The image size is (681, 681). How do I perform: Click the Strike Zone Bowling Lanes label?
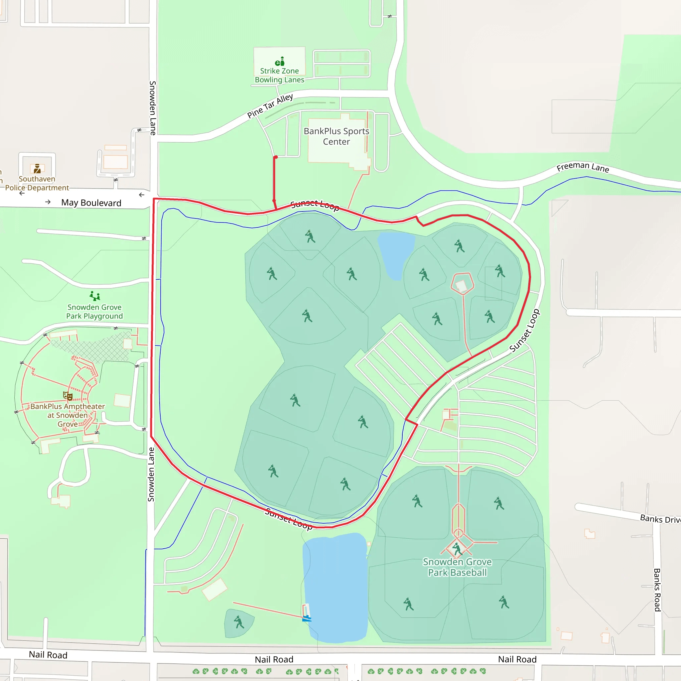(x=279, y=75)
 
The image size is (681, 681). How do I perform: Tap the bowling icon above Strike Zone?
(x=280, y=61)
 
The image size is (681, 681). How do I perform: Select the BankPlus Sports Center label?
(x=336, y=136)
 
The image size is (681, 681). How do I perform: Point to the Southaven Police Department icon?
(x=37, y=169)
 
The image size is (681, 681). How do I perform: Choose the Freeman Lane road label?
(x=583, y=167)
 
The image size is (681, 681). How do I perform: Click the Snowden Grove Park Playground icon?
(x=95, y=296)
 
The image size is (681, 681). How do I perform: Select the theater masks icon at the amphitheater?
(x=68, y=396)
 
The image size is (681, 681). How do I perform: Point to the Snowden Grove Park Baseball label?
(x=457, y=567)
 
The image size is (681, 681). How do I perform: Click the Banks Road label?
(x=657, y=590)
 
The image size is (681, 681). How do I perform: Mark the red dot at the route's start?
(x=276, y=157)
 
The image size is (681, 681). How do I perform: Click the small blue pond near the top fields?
(x=396, y=254)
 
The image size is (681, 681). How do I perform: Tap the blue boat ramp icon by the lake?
(x=306, y=618)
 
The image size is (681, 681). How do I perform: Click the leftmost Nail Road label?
(x=48, y=655)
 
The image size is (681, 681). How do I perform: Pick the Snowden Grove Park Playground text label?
(x=94, y=312)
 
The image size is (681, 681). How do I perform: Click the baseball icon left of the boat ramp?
(x=239, y=622)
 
